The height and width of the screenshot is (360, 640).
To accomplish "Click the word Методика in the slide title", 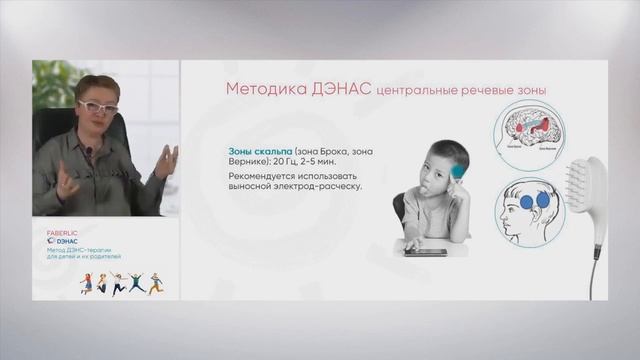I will tap(261, 89).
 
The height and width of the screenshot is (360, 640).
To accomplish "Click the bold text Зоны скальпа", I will tap(259, 152).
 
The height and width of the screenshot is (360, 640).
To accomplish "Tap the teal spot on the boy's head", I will tap(459, 171).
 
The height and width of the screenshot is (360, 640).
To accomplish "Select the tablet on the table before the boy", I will tap(425, 252).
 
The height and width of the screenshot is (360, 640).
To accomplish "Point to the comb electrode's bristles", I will tap(584, 180).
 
